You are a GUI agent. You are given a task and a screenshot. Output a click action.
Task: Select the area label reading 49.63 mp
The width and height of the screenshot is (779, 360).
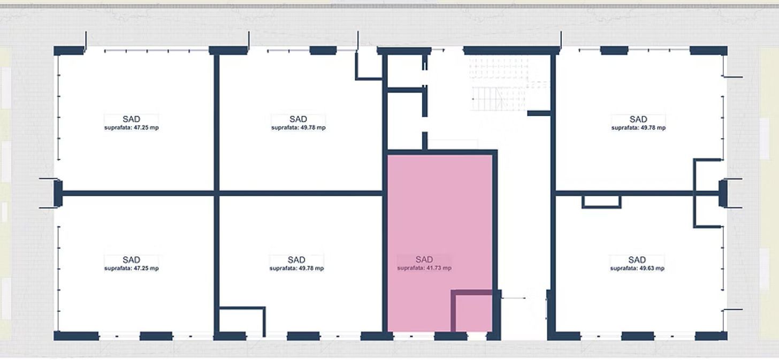click(652, 269)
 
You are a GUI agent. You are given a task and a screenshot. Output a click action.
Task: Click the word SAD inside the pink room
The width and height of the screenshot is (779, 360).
click(424, 259)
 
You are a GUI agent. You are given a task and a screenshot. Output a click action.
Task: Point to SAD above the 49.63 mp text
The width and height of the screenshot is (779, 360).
click(637, 260)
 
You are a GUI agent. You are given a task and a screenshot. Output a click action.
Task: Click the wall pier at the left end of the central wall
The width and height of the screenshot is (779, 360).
click(58, 194)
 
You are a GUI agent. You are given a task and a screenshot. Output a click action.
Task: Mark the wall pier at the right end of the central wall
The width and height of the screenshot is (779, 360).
click(723, 194)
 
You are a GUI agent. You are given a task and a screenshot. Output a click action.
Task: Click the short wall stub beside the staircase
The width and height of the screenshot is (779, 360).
click(539, 113)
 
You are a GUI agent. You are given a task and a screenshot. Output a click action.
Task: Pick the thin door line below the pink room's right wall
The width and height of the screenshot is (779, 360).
click(513, 298)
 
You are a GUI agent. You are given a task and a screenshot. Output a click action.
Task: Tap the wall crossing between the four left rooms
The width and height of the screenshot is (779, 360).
click(216, 194)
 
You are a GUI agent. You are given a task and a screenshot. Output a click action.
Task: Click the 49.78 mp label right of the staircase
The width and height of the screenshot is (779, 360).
click(638, 128)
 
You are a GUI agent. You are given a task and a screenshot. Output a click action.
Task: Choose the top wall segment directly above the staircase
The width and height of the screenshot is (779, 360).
click(511, 51)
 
